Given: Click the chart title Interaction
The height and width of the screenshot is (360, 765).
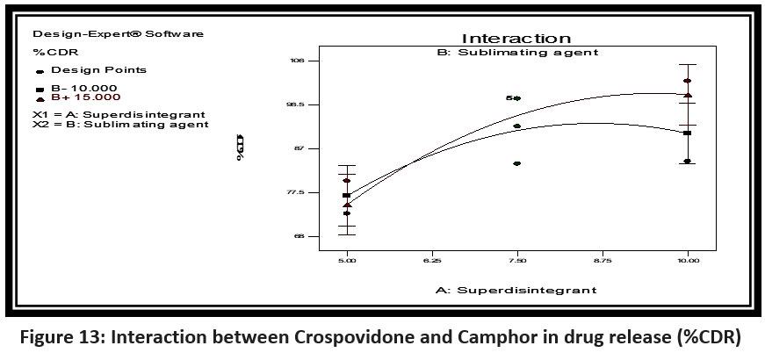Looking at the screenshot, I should (x=516, y=39).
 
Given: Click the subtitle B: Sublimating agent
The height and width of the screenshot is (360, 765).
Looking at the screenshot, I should (x=517, y=52).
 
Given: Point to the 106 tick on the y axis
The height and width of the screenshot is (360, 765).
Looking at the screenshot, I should (x=298, y=61).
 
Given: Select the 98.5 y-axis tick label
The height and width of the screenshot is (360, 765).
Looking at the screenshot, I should (x=296, y=104).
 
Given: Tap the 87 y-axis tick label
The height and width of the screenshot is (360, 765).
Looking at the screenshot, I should (x=299, y=148).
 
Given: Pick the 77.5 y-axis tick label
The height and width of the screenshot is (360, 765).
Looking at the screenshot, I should (x=296, y=192).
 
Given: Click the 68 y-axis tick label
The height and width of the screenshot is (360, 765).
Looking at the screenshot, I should (x=299, y=236).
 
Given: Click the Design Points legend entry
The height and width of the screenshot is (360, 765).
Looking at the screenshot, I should (x=97, y=69).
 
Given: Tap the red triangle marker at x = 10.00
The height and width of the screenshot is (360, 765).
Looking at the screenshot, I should (x=688, y=95).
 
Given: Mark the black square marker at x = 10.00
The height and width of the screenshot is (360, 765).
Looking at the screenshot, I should (x=688, y=133).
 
